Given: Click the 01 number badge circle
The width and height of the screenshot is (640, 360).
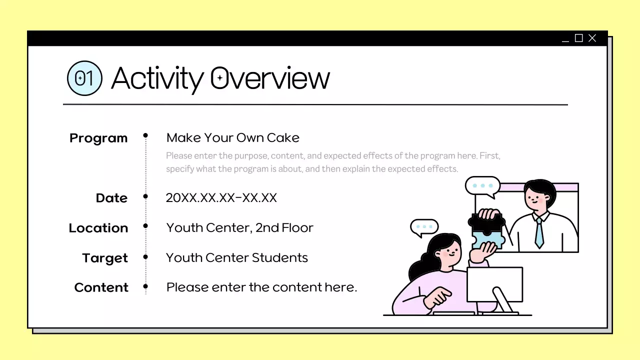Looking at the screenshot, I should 84,78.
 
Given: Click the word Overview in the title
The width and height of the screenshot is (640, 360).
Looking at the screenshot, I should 269,78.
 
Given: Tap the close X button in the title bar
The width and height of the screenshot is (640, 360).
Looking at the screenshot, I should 592,38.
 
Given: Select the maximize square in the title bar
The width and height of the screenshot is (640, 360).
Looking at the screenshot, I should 579,38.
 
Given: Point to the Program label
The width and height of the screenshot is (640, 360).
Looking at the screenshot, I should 98,138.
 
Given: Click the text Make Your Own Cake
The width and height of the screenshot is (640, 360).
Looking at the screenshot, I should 232,137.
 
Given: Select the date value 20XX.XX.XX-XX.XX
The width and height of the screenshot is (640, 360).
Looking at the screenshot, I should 221,197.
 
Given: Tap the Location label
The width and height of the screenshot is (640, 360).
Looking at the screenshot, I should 98,228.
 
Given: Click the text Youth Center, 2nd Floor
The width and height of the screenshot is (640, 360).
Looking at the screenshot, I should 239,227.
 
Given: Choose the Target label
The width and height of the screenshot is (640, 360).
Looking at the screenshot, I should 105,258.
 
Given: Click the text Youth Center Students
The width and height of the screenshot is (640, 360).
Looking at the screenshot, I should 236,257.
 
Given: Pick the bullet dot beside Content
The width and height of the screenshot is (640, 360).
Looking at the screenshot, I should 145,286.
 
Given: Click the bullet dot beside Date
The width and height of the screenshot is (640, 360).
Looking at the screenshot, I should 145,196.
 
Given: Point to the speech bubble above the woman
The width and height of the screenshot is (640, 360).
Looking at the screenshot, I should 424,227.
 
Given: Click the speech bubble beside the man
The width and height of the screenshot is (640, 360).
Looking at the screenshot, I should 482,186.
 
